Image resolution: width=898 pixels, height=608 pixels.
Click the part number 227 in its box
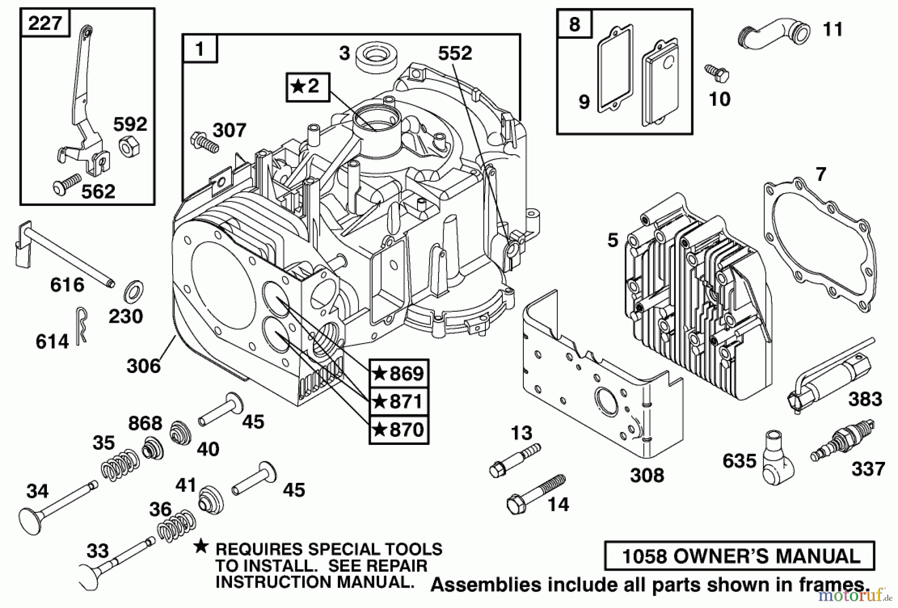pos(45,23)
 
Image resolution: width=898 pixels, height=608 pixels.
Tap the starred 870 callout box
pos(399,429)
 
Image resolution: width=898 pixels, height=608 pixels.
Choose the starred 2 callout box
pos(308,87)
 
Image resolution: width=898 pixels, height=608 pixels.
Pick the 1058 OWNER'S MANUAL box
pos(739,555)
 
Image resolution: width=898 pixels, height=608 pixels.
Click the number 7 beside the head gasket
pos(821,175)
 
